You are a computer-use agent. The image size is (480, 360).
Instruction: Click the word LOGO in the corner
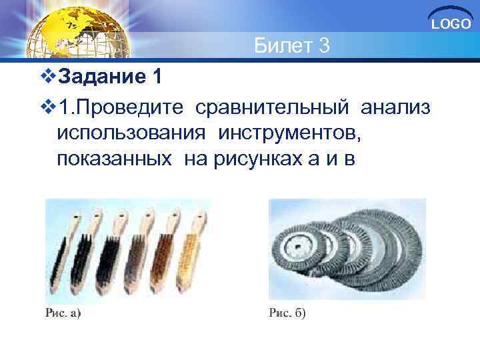(x=451, y=25)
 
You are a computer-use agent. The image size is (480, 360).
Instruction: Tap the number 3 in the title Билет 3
(x=323, y=46)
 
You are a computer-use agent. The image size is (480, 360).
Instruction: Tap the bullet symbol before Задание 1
(x=46, y=78)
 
